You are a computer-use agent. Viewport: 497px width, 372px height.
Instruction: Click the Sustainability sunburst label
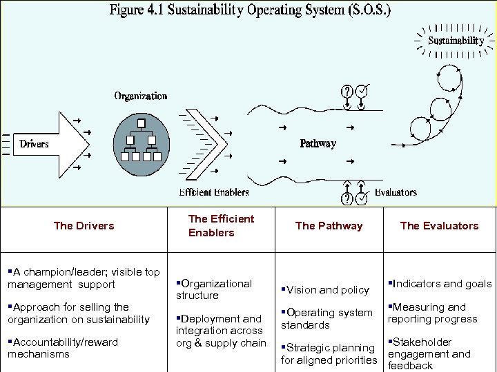[x=456, y=41]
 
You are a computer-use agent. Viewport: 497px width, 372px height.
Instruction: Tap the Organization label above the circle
[x=141, y=96]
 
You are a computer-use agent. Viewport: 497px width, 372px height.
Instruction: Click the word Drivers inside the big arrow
[x=35, y=144]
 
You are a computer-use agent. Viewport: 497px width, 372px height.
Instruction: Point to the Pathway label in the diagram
[x=318, y=143]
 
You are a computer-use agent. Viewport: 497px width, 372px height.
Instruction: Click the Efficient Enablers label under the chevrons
[x=214, y=192]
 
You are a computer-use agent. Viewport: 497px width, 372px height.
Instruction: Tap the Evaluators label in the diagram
[x=396, y=192]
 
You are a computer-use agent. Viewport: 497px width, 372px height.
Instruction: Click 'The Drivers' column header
[x=84, y=226]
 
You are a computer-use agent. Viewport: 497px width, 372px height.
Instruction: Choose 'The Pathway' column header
[x=329, y=226]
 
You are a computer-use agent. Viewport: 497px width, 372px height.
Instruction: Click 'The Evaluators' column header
[x=439, y=226]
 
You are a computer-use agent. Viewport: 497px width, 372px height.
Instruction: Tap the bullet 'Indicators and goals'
[x=440, y=284]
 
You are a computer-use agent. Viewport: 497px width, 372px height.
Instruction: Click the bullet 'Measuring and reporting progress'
[x=432, y=313]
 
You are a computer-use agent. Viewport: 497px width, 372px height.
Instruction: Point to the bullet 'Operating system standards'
[x=327, y=318]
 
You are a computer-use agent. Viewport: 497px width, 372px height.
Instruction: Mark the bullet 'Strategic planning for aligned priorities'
[x=329, y=353]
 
